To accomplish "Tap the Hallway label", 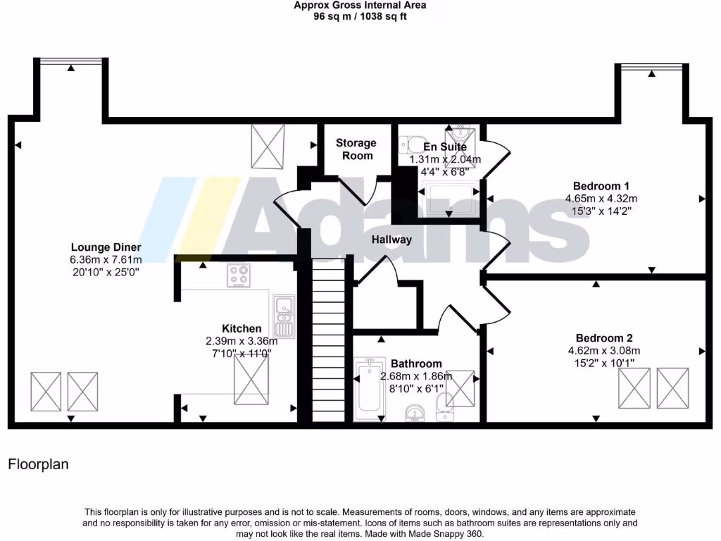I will [x=392, y=240].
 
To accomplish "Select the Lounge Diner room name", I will [x=106, y=247].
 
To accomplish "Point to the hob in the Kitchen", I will [x=239, y=276].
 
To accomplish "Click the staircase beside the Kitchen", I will [x=330, y=338].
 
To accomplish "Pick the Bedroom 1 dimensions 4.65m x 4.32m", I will [x=601, y=199].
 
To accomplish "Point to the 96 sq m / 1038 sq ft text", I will [x=360, y=16].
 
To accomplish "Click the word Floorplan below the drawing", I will [x=38, y=464].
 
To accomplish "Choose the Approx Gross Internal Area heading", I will [x=360, y=5].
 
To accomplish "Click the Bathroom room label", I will [x=416, y=363].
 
